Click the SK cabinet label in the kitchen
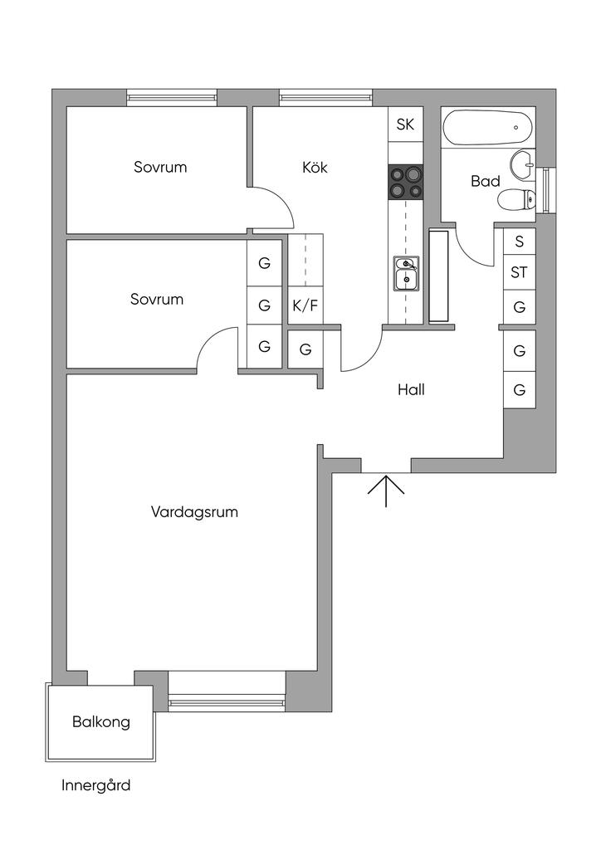tap(405, 125)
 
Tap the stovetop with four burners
tap(405, 183)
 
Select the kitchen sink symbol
tap(406, 274)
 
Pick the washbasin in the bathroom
tap(523, 164)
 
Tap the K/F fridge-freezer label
tap(305, 305)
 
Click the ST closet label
tap(520, 272)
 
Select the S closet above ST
tap(520, 242)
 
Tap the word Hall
tap(411, 388)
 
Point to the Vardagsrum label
tap(194, 511)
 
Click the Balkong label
tap(100, 721)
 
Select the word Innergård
tap(95, 785)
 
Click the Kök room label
tap(315, 167)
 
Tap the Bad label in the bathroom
tap(485, 180)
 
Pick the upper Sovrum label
tap(160, 167)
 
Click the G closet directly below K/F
tap(305, 349)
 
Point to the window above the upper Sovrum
tap(172, 98)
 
